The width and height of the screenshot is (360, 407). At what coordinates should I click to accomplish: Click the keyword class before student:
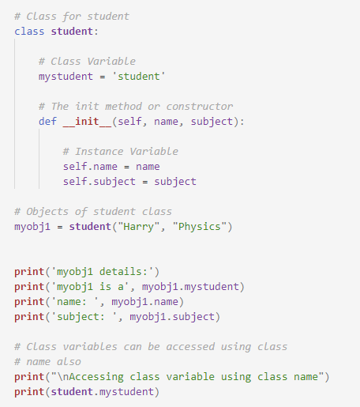pos(29,32)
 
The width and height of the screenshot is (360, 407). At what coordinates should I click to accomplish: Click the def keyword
pos(47,122)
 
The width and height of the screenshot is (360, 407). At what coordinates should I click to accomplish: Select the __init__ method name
pos(87,122)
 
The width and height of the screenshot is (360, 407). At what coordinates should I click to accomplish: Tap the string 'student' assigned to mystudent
pos(139,77)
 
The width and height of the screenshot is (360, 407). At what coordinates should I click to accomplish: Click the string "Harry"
pos(139,227)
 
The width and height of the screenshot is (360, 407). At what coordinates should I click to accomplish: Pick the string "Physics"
pos(200,227)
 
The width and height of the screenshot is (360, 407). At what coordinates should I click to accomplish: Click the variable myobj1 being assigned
pos(32,227)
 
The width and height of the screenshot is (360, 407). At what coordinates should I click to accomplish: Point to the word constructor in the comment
pos(200,107)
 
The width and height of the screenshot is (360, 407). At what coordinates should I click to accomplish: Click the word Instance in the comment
pos(99,152)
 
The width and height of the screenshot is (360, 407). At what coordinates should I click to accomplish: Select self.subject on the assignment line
pos(99,182)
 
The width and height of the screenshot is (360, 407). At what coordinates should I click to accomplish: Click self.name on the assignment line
pos(90,167)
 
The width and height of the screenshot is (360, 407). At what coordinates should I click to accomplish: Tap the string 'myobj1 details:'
pos(103,272)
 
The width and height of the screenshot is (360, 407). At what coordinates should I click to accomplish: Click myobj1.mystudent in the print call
pos(190,287)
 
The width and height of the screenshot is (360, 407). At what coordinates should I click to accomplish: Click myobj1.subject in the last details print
pos(172,317)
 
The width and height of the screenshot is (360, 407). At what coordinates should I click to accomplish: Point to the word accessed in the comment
pos(190,347)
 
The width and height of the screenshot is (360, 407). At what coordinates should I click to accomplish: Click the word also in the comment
pos(69,362)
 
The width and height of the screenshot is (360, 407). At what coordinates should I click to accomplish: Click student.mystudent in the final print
pos(103,392)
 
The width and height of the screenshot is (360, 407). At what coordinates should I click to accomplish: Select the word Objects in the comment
pos(47,212)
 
